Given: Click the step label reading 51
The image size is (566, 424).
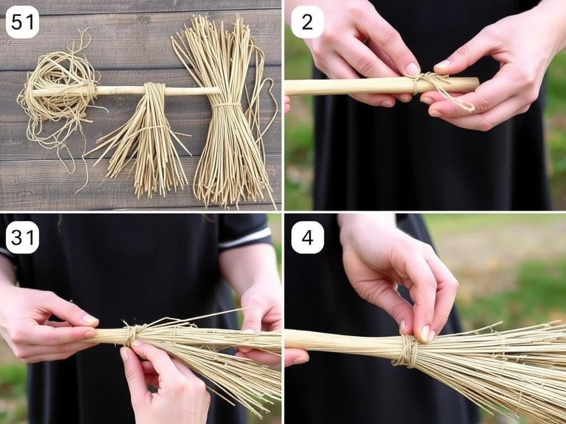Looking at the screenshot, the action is pos(22,22).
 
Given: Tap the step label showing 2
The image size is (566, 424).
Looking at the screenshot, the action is pos(307,22).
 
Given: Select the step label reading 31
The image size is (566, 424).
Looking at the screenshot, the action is pos(22,237).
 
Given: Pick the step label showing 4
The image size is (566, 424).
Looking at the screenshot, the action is pos(307,237).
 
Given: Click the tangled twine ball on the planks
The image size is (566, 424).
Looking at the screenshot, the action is pos(57,90).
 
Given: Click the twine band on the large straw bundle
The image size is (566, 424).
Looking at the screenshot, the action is pos(226,105).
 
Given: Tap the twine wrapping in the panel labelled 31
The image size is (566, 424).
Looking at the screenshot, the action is pos(130,334).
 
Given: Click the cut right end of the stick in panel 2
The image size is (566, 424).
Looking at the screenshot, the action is pos(476,84).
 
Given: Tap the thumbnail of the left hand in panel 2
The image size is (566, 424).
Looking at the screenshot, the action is pos(412,69).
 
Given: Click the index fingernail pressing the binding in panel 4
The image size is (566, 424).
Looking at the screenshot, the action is pos(425,334).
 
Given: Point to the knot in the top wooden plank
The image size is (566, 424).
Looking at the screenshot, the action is pos(144,19).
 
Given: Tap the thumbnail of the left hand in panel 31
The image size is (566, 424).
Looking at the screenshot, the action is pos(90,320).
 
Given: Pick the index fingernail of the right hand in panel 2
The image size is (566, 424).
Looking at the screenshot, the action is pos(443,65).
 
